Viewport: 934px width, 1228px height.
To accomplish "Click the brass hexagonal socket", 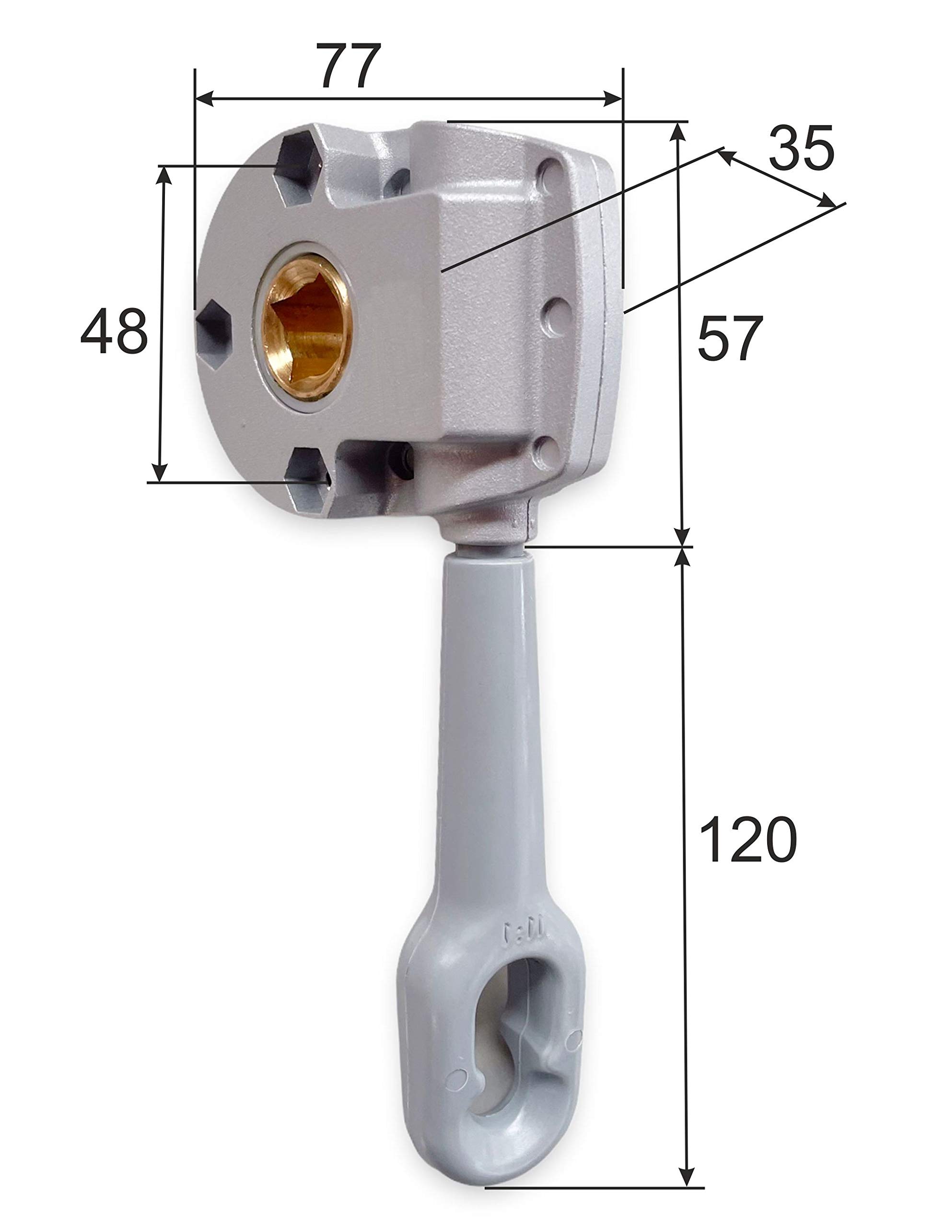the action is pos(306,327).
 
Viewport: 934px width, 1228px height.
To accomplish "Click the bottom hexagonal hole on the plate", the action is pos(307,479).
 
